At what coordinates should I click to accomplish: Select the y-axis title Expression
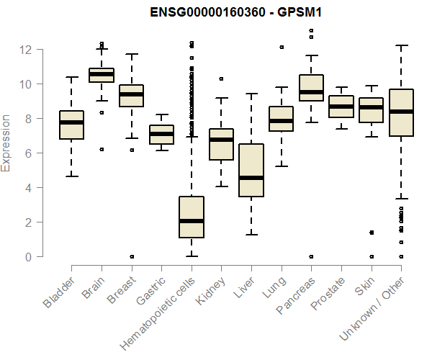coord(7,143)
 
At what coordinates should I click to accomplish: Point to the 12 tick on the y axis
coord(27,50)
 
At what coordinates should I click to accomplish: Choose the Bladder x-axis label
coord(60,292)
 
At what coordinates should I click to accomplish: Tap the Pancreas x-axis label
coord(295,295)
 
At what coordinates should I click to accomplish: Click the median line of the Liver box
coord(251,177)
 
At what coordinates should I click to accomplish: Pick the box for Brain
coord(101,75)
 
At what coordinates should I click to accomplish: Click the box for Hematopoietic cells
coord(191,216)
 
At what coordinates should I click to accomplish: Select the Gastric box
coord(161,135)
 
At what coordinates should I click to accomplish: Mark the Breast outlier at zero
coord(131,256)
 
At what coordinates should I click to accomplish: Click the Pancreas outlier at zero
coord(311,256)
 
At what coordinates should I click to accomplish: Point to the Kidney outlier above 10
coord(221,78)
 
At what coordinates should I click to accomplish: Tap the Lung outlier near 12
coord(282,48)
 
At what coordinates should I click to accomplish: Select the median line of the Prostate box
coord(341,107)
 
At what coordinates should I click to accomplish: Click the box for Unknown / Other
coord(401,112)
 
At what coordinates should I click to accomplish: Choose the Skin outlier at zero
coord(372,256)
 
